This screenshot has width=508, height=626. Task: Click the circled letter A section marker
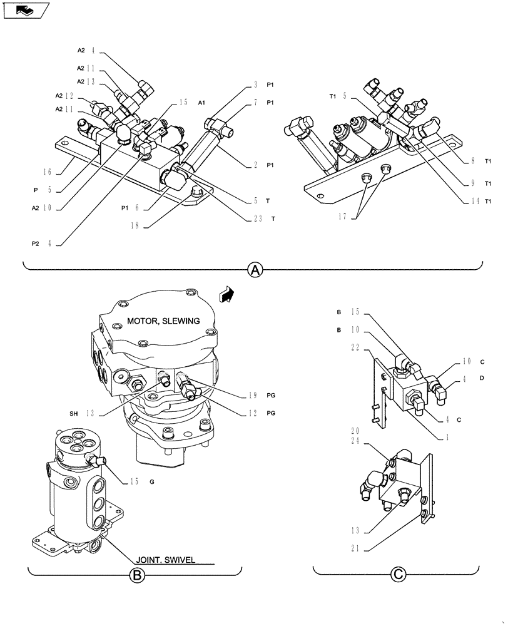(x=253, y=270)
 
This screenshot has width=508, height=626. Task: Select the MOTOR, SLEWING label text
(x=163, y=321)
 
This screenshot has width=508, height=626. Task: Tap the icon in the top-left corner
(x=24, y=9)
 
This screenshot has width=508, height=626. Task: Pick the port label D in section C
(x=500, y=378)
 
